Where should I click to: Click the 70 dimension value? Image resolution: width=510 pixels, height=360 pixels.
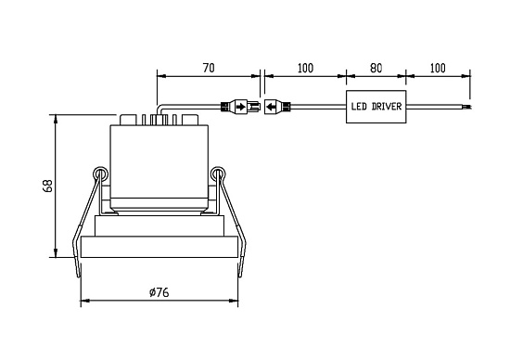click(x=209, y=68)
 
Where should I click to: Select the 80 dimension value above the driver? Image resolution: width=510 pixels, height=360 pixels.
click(x=376, y=68)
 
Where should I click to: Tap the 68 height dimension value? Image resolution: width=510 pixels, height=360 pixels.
click(x=48, y=186)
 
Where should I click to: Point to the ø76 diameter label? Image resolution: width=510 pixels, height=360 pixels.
click(x=159, y=292)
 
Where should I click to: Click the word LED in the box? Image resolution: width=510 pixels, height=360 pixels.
click(x=359, y=107)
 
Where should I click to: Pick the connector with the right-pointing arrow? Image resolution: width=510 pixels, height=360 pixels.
click(x=241, y=107)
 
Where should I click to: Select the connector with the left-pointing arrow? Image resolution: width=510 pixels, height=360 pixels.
click(x=277, y=107)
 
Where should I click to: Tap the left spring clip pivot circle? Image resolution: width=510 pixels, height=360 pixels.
click(x=100, y=174)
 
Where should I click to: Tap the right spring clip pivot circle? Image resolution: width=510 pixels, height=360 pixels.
click(x=218, y=174)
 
